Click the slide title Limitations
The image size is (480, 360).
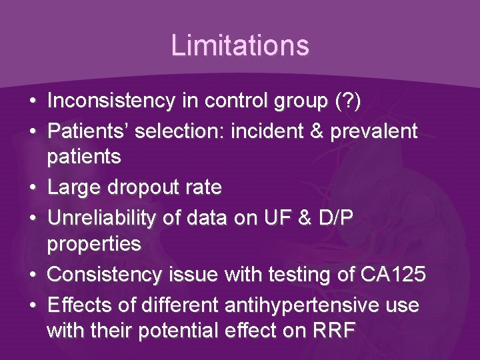tap(240, 45)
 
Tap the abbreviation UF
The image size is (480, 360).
tap(275, 217)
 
